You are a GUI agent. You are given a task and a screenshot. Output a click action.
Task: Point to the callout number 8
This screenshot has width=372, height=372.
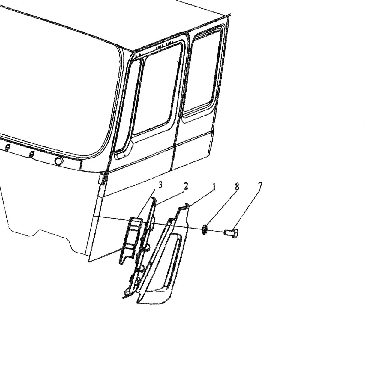coord(237,187)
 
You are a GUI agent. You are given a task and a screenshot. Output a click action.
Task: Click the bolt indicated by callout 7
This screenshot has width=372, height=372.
coord(231,232)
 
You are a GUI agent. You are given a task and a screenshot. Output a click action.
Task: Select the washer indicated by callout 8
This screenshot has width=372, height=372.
coord(205,229)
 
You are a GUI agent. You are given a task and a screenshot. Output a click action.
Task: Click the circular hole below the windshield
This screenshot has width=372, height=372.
coord(59,160)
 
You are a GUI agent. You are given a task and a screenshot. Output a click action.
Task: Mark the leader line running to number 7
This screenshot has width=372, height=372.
coord(246,209)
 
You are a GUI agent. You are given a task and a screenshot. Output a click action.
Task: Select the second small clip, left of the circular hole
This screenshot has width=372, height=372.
coord(31,154)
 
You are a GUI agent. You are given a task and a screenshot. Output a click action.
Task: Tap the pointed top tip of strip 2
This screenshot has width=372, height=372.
coord(154,198)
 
